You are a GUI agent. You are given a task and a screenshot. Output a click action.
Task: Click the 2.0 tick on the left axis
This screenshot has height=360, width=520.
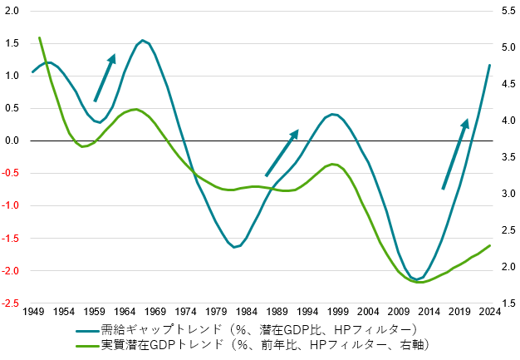(x=12, y=11)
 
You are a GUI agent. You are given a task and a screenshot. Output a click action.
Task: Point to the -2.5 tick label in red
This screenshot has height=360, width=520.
(x=11, y=303)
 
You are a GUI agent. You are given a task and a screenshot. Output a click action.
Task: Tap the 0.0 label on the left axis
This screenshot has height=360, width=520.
(x=12, y=141)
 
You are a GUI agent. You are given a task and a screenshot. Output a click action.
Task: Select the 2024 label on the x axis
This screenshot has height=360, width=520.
(x=489, y=313)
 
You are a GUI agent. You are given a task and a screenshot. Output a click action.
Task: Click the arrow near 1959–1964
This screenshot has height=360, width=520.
(x=105, y=77)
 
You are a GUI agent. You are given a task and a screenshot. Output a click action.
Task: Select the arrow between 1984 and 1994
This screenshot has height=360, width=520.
(x=282, y=152)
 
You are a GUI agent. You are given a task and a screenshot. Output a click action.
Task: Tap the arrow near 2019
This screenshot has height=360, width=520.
(x=455, y=154)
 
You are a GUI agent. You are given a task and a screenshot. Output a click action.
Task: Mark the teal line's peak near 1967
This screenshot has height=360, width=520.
(x=143, y=40)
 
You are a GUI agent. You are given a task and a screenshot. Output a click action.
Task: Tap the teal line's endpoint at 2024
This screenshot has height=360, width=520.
(x=489, y=65)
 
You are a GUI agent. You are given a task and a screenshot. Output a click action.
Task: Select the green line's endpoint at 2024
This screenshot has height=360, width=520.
(x=490, y=245)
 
